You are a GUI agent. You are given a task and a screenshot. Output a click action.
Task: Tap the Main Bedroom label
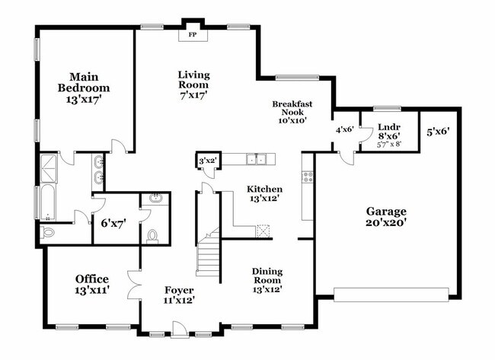point(86,82)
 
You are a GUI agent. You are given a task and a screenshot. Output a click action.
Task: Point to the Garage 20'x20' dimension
point(386,225)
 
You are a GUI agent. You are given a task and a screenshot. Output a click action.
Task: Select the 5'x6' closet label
point(437,132)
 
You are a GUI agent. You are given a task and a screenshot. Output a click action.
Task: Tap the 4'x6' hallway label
point(345,129)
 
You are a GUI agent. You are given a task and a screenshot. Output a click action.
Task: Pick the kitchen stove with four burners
point(308,177)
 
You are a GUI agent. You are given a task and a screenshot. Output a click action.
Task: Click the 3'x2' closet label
point(207,161)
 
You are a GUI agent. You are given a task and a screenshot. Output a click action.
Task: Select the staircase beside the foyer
point(208,251)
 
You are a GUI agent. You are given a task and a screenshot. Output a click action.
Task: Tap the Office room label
point(92,279)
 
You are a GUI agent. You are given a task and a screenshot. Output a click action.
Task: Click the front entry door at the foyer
point(180,329)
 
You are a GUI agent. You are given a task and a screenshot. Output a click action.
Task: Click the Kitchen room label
point(264,189)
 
